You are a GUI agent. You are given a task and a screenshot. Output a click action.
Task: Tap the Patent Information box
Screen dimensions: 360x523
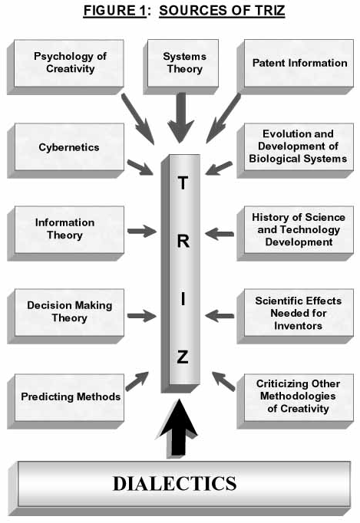tap(296, 67)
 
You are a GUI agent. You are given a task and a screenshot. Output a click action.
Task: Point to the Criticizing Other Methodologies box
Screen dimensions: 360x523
tap(296, 401)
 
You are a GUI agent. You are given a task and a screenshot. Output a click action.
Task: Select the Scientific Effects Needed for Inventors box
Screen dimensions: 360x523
tap(296, 316)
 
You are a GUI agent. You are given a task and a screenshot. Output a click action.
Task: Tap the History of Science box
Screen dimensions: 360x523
tap(296, 233)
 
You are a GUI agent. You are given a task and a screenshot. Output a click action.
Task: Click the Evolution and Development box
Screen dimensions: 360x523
tap(296, 150)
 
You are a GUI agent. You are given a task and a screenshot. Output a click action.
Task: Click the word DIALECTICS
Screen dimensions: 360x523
tap(175, 484)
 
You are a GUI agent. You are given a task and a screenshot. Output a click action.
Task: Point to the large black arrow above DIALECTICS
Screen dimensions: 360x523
tap(179, 428)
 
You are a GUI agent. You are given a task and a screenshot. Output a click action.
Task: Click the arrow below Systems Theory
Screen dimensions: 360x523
tap(181, 117)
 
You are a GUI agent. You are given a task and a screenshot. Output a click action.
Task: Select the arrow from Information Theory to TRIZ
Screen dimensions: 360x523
tap(141, 231)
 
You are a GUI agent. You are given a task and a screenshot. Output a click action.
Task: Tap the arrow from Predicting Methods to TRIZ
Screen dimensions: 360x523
tap(137, 381)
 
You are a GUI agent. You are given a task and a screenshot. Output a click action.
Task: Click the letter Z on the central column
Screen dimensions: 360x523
tap(183, 357)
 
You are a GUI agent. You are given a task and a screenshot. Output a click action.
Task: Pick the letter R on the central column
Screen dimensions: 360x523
tap(183, 241)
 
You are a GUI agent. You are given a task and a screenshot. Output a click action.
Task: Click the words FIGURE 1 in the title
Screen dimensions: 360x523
tap(114, 10)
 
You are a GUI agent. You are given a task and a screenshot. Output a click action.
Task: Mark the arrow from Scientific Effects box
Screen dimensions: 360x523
tap(220, 315)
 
